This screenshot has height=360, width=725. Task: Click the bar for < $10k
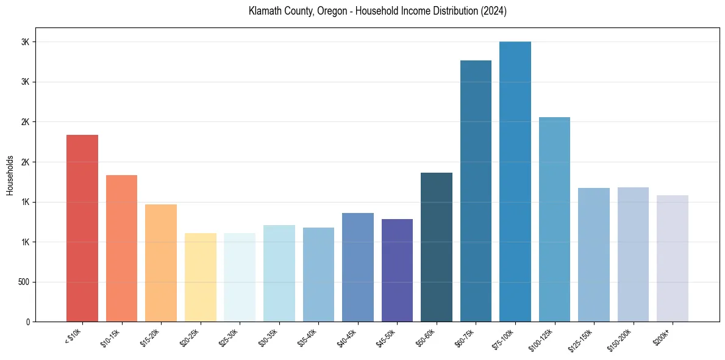(x=82, y=228)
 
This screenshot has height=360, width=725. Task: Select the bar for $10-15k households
(x=121, y=248)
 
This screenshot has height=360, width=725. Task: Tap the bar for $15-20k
(x=161, y=263)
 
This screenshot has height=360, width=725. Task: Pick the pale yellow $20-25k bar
(x=200, y=278)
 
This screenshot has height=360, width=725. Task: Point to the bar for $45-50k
(x=397, y=270)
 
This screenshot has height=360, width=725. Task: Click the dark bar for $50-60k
(x=437, y=247)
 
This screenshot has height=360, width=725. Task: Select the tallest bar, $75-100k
(x=515, y=182)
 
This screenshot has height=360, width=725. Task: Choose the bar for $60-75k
(x=476, y=191)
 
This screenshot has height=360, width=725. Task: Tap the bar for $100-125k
(x=554, y=220)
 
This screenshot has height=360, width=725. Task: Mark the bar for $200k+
(x=673, y=259)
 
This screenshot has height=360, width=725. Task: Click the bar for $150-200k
(x=633, y=254)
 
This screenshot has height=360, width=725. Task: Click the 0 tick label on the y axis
(x=28, y=322)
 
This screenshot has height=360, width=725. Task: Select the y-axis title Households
(x=10, y=175)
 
